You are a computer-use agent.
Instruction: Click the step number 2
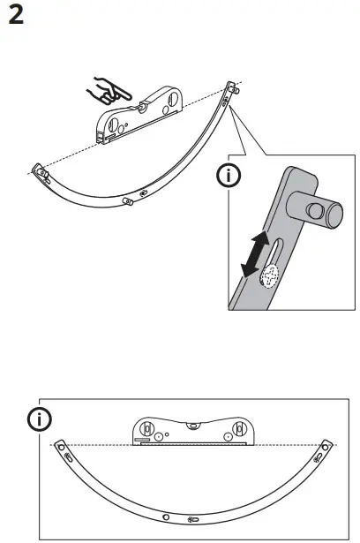[16, 17]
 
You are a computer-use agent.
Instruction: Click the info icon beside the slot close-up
[229, 177]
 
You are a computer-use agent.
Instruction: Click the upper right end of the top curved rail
[233, 88]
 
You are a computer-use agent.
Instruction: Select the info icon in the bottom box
[40, 418]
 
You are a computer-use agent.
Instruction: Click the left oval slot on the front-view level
[141, 433]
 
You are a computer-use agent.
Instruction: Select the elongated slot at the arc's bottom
[192, 517]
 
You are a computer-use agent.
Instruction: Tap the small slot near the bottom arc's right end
[318, 458]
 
